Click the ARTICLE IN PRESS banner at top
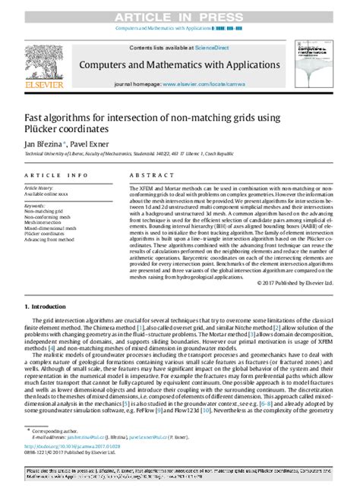click(x=180, y=8)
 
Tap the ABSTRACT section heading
click(x=147, y=172)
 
